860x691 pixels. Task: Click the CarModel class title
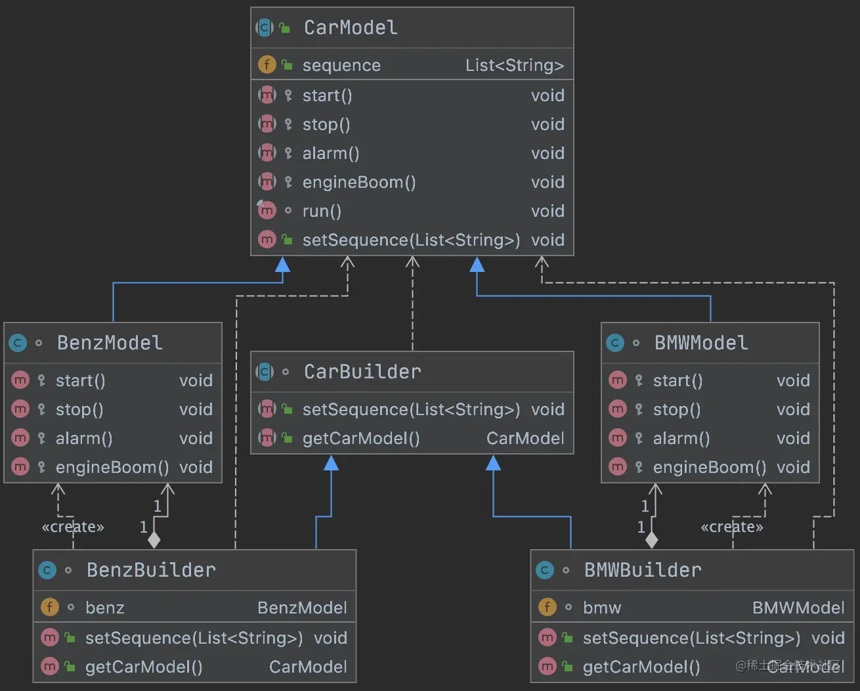tap(351, 28)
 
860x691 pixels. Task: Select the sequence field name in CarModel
tap(341, 65)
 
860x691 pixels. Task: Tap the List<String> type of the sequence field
tap(514, 65)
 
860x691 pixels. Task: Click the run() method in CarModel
tap(322, 211)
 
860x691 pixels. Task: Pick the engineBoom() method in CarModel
tap(359, 182)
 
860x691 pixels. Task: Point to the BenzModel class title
tap(110, 343)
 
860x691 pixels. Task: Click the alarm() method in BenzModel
tap(84, 438)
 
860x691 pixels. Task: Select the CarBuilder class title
tap(362, 372)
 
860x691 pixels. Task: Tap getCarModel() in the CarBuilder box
tap(361, 438)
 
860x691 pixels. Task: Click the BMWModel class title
tap(701, 343)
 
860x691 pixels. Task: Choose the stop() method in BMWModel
tap(677, 409)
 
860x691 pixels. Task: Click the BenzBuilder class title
tap(151, 570)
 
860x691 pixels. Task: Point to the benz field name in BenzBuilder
tap(104, 608)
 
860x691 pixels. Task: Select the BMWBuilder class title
tap(643, 570)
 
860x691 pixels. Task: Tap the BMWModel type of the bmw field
tap(798, 608)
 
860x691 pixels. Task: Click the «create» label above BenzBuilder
tap(73, 527)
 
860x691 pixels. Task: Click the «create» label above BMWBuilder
tap(732, 527)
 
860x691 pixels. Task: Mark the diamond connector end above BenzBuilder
tap(154, 540)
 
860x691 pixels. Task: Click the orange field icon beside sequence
tap(267, 64)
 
